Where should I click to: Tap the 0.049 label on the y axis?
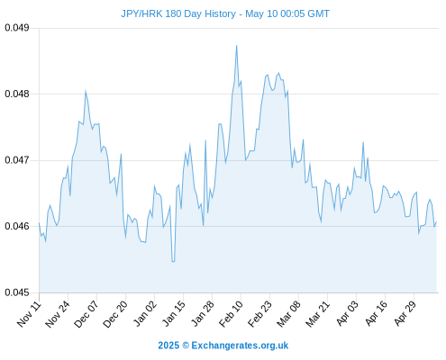pos(17,28)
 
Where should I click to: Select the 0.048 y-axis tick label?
pos(17,94)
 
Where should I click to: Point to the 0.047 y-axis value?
pos(17,160)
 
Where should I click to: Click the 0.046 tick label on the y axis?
pos(17,226)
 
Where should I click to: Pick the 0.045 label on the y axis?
pos(17,292)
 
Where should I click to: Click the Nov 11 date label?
pos(29,313)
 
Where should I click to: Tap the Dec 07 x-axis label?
pos(86,313)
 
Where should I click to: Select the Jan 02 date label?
pos(145,313)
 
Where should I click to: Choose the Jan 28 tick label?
pos(203,313)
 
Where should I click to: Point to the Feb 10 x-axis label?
pos(231,313)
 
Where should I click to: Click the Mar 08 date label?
pos(288,313)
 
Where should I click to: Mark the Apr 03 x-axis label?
pos(347,313)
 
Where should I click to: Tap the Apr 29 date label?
pos(405,313)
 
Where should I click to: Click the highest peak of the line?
pos(237,46)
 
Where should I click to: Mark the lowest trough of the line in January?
pos(173,262)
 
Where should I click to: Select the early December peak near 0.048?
pos(86,91)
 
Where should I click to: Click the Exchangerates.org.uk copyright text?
pos(223,346)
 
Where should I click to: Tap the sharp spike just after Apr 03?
pos(363,142)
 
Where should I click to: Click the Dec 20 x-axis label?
pos(115,313)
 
